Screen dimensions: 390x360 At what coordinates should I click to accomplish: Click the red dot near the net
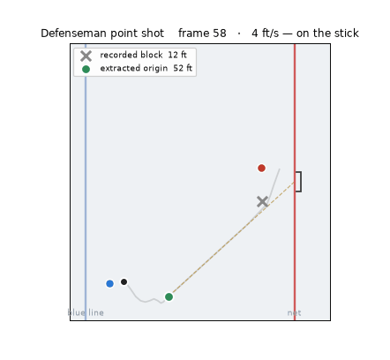[x=261, y=168]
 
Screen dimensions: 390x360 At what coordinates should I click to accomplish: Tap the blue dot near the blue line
[x=109, y=283]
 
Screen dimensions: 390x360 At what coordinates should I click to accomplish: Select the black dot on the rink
[x=124, y=281]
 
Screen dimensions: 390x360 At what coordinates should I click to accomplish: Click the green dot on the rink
[x=169, y=296]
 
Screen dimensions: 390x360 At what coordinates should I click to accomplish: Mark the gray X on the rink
[x=262, y=202]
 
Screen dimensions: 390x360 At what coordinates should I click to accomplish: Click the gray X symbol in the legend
[x=86, y=56]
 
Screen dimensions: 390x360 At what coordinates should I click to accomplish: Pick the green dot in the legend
[x=86, y=69]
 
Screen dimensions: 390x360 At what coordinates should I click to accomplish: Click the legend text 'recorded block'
[x=131, y=55]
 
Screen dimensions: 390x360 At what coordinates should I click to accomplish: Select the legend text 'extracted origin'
[x=134, y=68]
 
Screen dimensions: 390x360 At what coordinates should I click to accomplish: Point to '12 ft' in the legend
[x=177, y=55]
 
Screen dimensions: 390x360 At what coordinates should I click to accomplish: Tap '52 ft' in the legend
[x=183, y=68]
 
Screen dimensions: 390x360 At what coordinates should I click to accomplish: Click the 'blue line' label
[x=86, y=312]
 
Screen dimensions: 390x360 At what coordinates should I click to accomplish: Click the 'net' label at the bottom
[x=294, y=313]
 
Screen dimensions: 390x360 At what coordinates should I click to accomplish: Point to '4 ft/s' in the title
[x=265, y=34]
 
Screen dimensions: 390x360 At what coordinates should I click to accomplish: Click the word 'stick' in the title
[x=347, y=34]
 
